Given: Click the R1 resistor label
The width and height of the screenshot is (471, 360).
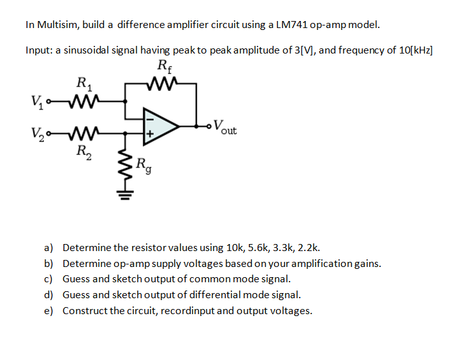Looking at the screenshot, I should (x=83, y=82).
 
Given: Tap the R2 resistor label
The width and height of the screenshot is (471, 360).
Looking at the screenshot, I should (x=83, y=151).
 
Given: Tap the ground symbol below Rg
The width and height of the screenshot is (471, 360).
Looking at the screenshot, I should (x=125, y=192).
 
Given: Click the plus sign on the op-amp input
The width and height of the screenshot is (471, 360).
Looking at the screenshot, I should (x=150, y=134).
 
